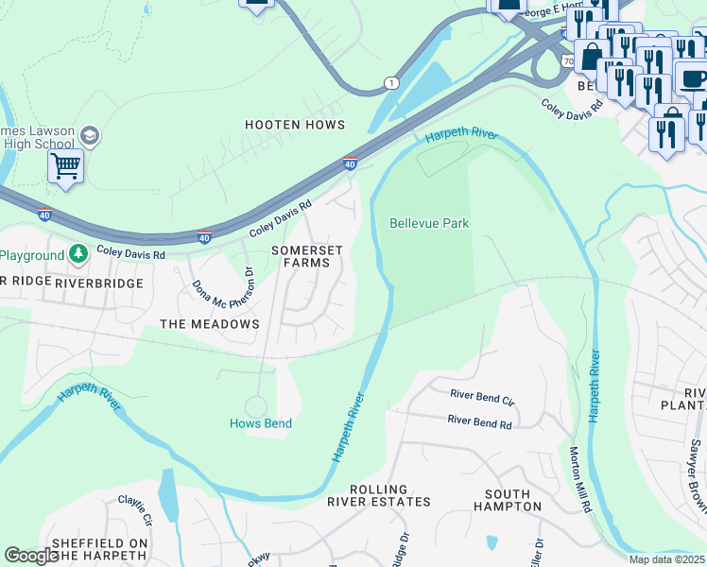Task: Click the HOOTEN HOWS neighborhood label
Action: point(294,125)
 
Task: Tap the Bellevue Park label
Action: point(429,224)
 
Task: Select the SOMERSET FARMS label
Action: point(301,256)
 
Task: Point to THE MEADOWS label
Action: point(209,324)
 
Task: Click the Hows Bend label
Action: point(260,423)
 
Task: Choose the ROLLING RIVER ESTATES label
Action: point(378,496)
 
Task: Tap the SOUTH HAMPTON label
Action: point(513,500)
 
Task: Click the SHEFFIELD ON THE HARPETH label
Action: point(99,549)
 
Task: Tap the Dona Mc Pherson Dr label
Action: point(224,291)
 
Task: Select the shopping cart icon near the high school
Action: point(65,166)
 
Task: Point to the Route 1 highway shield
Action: point(390,83)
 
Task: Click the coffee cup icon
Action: point(692,77)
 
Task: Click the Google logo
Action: point(31,556)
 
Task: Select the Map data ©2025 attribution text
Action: point(666,559)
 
